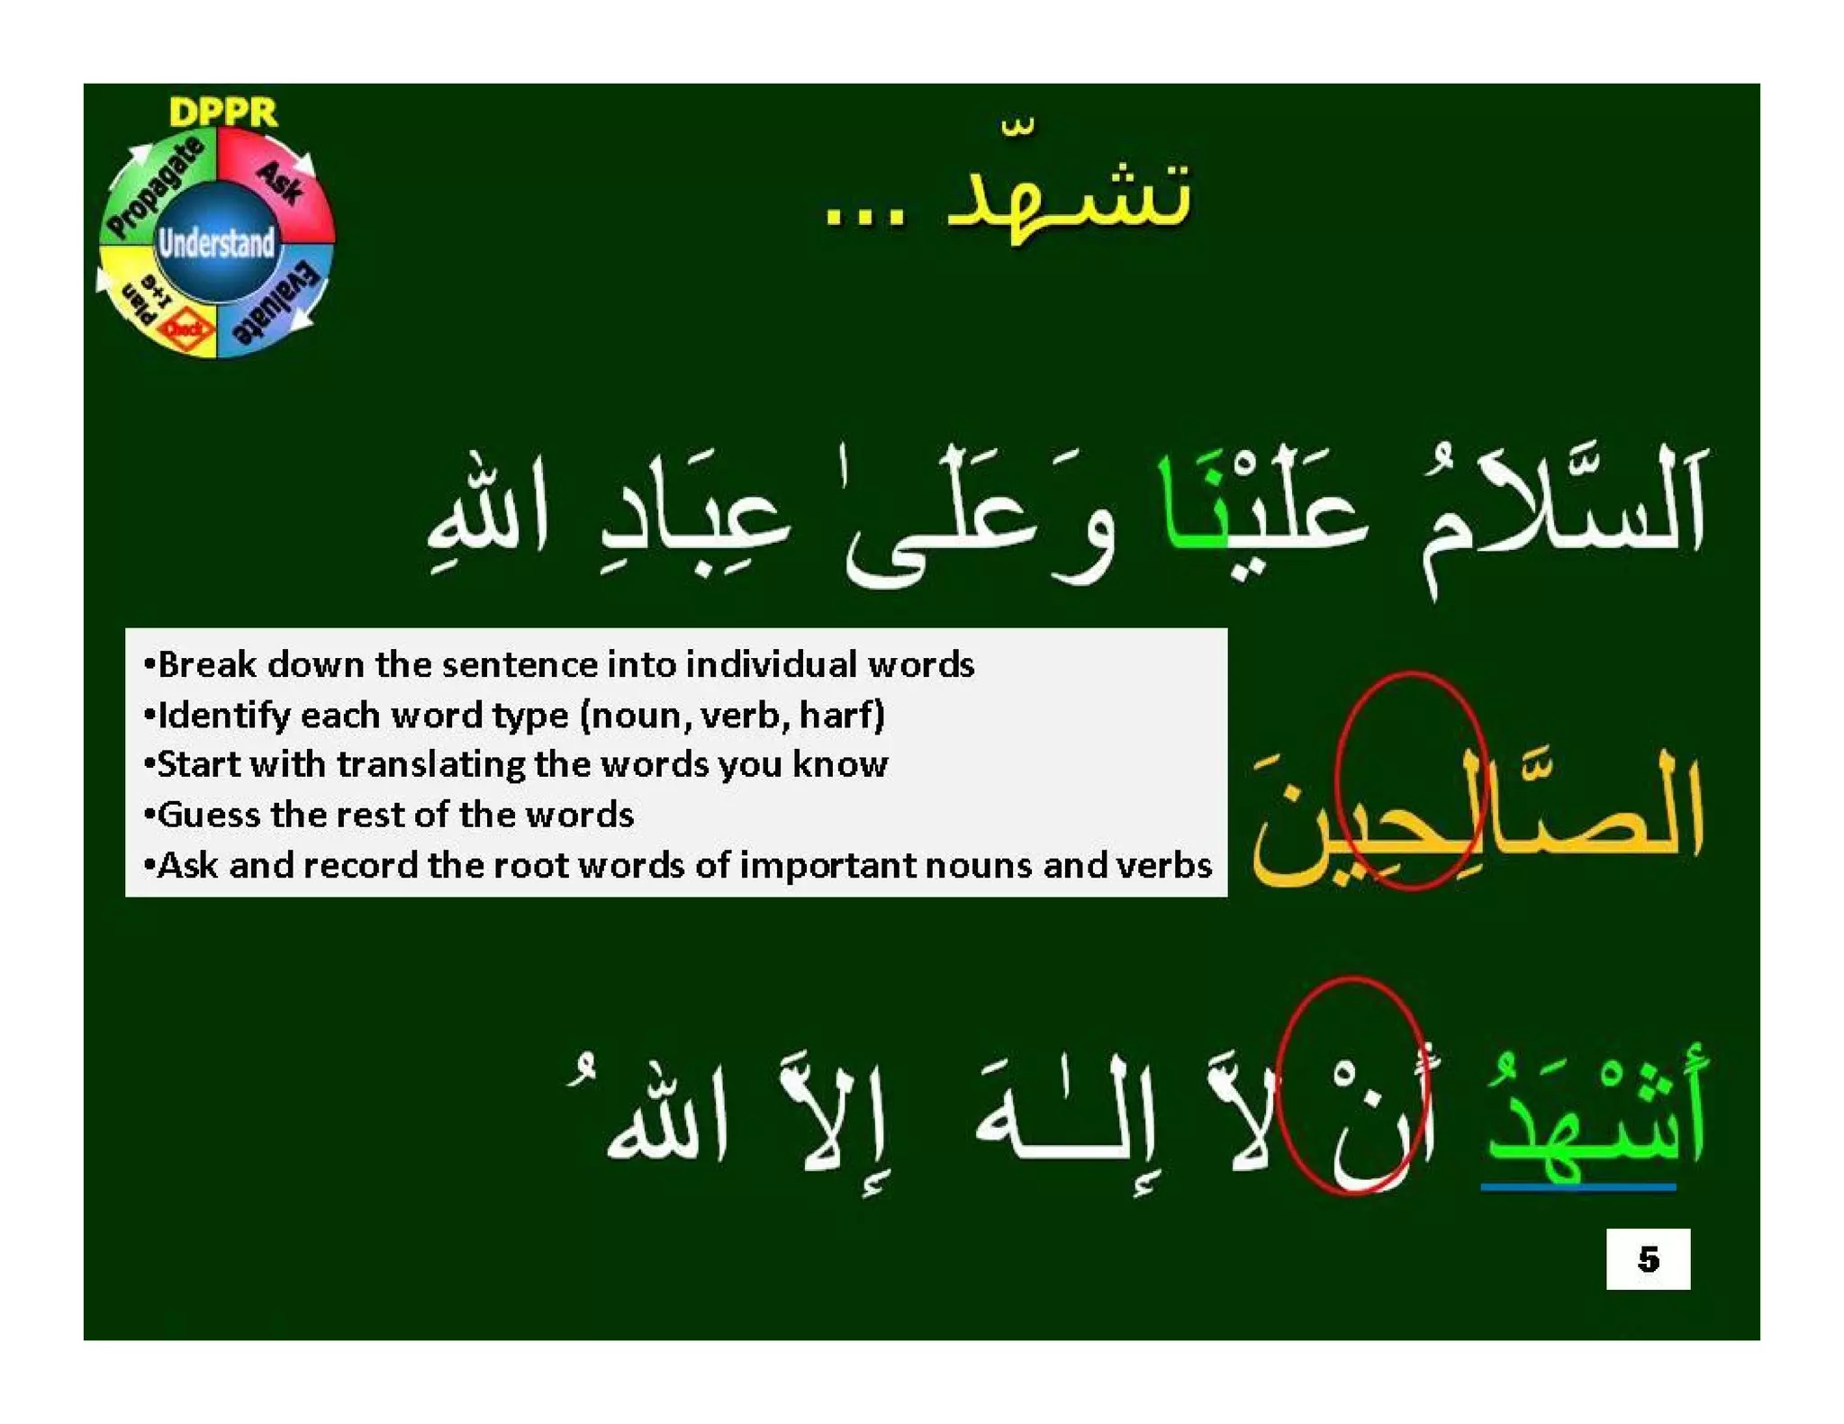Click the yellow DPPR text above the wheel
click(x=222, y=112)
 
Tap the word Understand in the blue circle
click(x=216, y=243)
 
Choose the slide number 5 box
click(x=1647, y=1257)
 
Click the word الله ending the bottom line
click(x=666, y=1121)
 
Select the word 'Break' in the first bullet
click(x=206, y=664)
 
